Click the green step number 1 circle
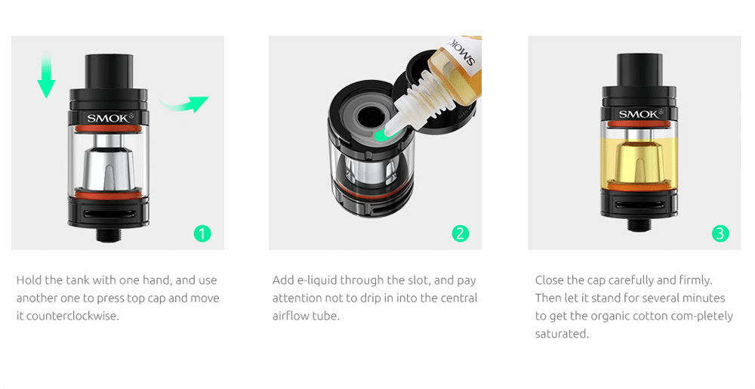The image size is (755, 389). click(202, 233)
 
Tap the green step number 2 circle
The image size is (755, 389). click(461, 233)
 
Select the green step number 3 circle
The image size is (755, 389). click(720, 233)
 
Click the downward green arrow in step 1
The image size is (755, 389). click(46, 75)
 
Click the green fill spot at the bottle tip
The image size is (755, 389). click(382, 136)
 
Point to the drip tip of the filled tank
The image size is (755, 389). click(640, 69)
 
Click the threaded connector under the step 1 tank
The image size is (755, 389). click(109, 234)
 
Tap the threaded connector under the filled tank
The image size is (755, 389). click(640, 224)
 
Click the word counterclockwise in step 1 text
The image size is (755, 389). click(72, 316)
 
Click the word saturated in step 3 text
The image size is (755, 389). click(562, 334)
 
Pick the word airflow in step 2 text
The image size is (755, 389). click(289, 316)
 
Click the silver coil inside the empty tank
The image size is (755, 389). click(109, 164)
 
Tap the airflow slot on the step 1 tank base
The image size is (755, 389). click(109, 215)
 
